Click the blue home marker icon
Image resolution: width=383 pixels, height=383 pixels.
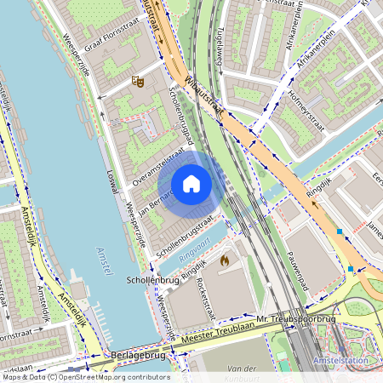coord(191,184)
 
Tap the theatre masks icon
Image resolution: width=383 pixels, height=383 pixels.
coord(136,81)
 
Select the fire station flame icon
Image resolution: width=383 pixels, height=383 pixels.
coord(224,259)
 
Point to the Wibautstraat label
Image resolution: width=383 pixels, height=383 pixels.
coord(203,96)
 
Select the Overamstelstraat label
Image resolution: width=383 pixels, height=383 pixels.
coord(159,167)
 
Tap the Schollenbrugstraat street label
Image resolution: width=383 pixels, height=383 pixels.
coord(183,236)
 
